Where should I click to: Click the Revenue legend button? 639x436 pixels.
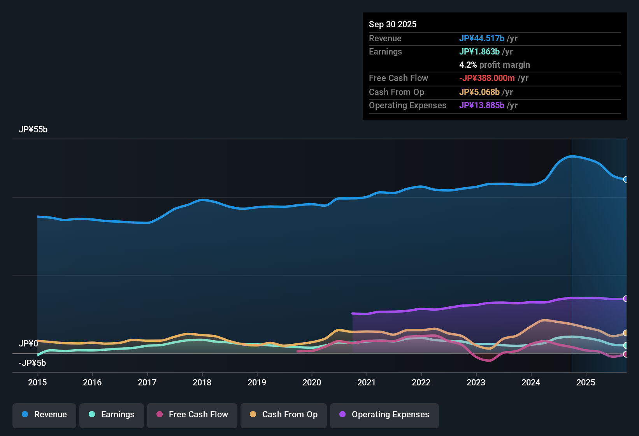[44, 415]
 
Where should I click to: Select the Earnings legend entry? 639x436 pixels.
[112, 415]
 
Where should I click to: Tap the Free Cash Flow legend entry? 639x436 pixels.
[192, 415]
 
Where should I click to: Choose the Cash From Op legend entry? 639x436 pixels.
[284, 415]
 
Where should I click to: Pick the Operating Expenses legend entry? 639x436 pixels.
[384, 415]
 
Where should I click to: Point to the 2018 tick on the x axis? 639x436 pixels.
[202, 382]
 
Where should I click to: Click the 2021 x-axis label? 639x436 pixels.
[366, 382]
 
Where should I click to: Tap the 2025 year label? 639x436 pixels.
[586, 382]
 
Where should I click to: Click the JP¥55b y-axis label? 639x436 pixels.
[33, 130]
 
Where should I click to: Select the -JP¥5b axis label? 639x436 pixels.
[32, 363]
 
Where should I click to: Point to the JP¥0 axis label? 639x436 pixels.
[28, 344]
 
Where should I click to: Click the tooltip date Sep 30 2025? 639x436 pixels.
[393, 25]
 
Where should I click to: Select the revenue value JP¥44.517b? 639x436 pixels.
[481, 39]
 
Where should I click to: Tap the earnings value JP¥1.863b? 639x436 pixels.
[479, 52]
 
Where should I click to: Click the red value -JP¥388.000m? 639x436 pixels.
[487, 78]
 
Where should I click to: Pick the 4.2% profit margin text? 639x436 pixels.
[494, 65]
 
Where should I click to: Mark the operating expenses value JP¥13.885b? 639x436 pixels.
[481, 105]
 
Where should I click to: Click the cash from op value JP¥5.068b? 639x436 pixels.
[479, 92]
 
